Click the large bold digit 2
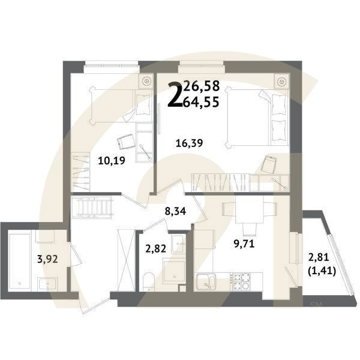pos(176,95)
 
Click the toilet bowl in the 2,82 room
pos(150,280)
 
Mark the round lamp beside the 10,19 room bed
pos(146,80)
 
